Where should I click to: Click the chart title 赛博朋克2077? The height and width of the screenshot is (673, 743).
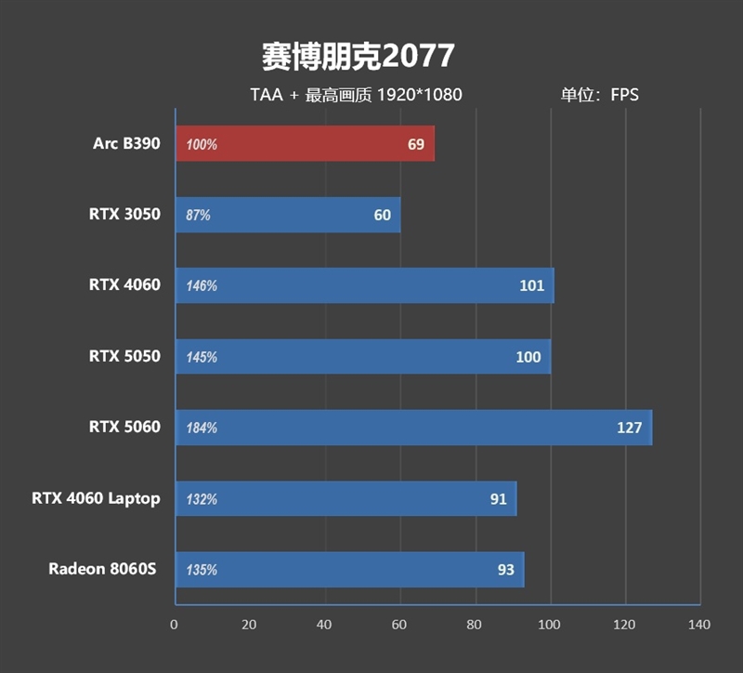(358, 56)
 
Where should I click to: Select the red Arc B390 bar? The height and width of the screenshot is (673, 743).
(305, 144)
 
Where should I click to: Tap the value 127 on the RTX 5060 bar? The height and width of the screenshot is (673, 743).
(629, 428)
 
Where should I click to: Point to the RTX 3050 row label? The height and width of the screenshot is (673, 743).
(124, 214)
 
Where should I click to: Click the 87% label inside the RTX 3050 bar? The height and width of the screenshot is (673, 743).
(199, 215)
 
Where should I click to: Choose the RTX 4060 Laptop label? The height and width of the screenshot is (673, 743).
(96, 498)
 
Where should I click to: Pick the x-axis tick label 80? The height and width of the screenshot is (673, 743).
(475, 625)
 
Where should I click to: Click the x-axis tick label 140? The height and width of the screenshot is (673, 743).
(697, 625)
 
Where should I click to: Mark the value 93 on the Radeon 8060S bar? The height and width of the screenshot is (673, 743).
(505, 570)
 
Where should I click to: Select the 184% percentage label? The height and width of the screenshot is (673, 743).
(202, 429)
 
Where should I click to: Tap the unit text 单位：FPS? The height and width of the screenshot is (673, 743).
(599, 94)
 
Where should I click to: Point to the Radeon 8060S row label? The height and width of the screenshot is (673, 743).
(104, 569)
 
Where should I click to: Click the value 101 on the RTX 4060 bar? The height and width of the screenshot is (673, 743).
(531, 285)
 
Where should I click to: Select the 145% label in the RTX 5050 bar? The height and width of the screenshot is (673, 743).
(202, 357)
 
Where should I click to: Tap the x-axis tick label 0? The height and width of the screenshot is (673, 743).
(175, 625)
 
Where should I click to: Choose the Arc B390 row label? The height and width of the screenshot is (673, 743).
(126, 143)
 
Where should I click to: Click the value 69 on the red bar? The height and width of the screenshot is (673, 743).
(415, 144)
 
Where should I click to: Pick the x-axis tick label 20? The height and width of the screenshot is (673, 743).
(249, 625)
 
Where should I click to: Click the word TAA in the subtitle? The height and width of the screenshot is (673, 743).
(266, 94)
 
